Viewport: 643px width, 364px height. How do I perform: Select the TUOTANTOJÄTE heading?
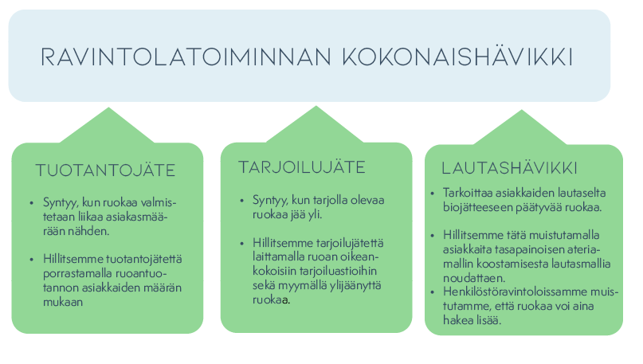pos(105,170)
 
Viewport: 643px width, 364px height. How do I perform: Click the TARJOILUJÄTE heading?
pos(301,167)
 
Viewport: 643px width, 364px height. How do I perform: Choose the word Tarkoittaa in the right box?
pos(469,194)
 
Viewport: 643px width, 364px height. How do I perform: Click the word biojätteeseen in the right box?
pos(477,208)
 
